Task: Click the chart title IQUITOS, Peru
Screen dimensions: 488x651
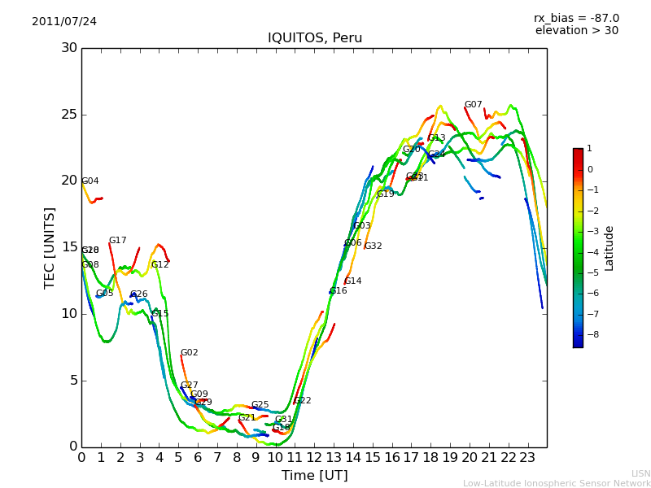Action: (315, 38)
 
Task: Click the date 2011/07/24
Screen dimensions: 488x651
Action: (64, 22)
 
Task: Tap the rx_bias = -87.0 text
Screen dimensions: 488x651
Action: (576, 18)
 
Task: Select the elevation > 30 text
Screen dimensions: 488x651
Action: (576, 31)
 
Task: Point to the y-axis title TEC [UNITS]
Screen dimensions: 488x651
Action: (50, 247)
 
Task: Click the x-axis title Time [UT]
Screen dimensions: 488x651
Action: (314, 476)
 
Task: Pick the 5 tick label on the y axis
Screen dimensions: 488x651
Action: (72, 380)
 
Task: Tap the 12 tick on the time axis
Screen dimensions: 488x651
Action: (314, 457)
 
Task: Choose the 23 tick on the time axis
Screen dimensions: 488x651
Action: (527, 457)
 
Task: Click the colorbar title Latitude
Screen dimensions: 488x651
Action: (609, 247)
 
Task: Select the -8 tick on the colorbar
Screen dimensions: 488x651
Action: (589, 333)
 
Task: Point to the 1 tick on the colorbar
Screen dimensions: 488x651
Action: (589, 149)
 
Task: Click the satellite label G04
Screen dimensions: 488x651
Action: (90, 181)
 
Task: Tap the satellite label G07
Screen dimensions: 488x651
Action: (474, 105)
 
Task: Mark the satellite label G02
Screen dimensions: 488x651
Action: (190, 353)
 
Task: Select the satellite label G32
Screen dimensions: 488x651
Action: (373, 246)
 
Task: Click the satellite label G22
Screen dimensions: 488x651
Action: (303, 401)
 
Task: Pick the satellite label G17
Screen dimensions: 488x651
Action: (118, 241)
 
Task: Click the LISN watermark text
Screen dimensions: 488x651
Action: (641, 473)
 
